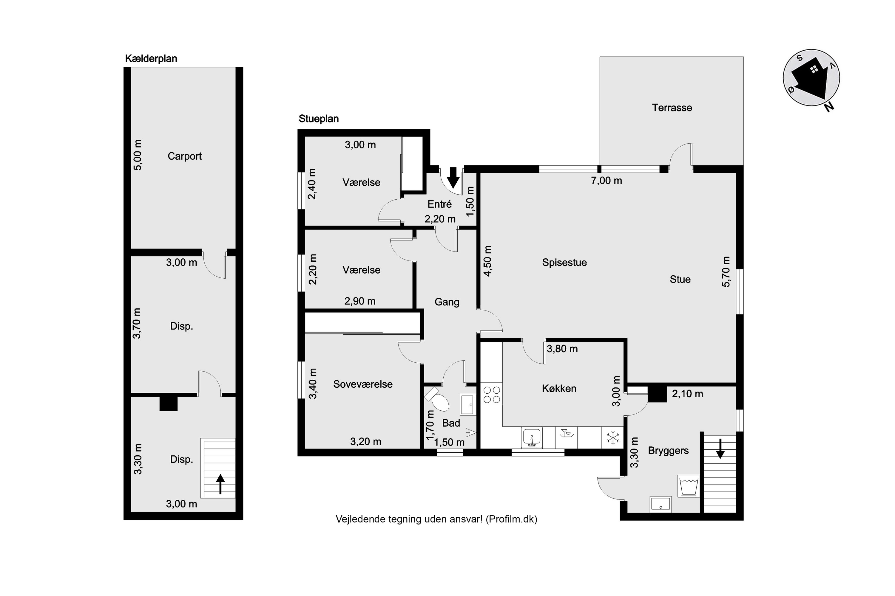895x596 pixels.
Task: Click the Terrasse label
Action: click(672, 108)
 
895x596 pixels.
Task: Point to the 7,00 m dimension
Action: click(606, 181)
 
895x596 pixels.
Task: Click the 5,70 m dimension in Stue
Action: click(726, 272)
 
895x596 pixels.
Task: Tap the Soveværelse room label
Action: click(363, 384)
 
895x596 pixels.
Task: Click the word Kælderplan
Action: click(151, 58)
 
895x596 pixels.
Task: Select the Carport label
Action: click(185, 156)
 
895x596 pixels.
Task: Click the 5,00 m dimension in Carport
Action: click(138, 155)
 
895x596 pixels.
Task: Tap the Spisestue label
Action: click(564, 263)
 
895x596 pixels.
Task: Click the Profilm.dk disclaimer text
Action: click(436, 519)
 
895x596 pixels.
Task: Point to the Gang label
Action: click(447, 302)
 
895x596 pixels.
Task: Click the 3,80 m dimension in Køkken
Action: click(562, 349)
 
